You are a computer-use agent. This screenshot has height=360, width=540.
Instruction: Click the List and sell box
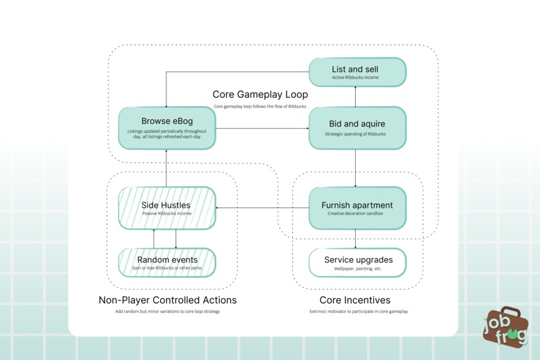tap(358, 72)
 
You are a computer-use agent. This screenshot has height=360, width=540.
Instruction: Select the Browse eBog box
tap(167, 128)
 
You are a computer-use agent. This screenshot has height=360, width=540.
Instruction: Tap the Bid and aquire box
tap(358, 128)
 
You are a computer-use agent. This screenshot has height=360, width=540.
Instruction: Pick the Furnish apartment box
tap(358, 208)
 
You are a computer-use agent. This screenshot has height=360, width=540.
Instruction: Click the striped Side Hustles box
tap(167, 208)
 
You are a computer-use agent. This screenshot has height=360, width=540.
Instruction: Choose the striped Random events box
tap(167, 263)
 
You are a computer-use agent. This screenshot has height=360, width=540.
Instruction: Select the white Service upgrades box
tap(358, 263)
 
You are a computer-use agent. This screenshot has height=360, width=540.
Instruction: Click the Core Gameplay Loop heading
tap(260, 95)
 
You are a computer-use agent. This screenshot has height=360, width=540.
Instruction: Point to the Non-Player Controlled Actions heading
tap(167, 300)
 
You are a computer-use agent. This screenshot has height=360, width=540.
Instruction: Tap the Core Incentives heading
tap(355, 300)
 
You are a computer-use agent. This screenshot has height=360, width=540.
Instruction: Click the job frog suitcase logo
tap(506, 327)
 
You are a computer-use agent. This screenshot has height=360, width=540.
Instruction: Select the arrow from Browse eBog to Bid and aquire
tap(263, 129)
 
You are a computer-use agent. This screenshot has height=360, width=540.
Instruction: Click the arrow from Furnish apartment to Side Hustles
tap(263, 208)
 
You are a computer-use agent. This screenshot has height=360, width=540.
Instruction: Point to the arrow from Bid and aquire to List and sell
tap(355, 97)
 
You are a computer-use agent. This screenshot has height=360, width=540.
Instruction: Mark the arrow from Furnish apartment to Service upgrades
tap(355, 239)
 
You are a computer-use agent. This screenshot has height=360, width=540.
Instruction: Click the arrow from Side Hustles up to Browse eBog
tap(166, 168)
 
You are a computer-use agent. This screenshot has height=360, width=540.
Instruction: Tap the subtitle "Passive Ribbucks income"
tap(167, 214)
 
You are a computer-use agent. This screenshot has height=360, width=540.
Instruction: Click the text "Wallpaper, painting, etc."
tap(358, 269)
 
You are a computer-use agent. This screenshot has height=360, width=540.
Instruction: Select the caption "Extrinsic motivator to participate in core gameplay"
tap(358, 312)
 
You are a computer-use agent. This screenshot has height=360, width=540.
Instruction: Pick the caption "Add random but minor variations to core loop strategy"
tap(167, 312)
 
